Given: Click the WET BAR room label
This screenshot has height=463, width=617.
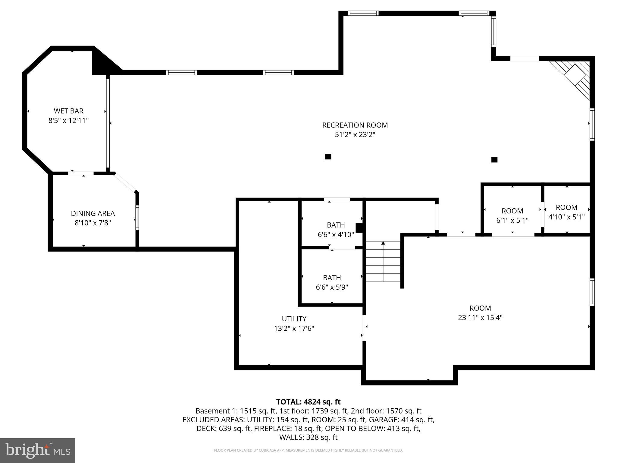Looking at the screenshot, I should pos(68,111).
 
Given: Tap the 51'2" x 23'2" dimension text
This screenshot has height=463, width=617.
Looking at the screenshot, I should pos(355,134).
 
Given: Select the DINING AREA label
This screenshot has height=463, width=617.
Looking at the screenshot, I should pos(93,213).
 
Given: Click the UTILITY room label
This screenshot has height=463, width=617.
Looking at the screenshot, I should pos(294,319).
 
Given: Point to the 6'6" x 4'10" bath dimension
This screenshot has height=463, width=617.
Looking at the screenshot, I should pos(336,235).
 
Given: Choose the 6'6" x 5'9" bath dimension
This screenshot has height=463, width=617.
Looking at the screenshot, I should pos(332,287).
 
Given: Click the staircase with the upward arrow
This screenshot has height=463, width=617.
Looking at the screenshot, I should pos(383,261).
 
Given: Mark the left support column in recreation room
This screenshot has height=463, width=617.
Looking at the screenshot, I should pos(328,156).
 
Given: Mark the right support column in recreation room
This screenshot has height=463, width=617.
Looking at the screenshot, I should pos(494,159).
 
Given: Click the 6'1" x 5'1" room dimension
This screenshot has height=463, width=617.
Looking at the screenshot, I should pos(512,220).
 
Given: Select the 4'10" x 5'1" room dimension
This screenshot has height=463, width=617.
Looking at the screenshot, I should pos(566,217).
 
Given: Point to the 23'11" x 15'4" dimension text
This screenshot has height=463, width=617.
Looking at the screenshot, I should pos(480,317).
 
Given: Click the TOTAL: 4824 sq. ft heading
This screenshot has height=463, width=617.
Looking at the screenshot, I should pos(308,402).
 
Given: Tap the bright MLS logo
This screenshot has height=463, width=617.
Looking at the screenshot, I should pos(38,450).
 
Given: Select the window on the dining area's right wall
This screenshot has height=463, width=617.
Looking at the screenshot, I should pos(137,217).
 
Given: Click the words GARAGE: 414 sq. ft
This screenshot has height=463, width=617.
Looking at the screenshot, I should pos(401,420).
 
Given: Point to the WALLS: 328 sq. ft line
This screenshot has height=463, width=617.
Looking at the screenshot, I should pos(308,437).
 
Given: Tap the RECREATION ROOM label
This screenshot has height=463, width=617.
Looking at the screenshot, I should pos(355,125).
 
